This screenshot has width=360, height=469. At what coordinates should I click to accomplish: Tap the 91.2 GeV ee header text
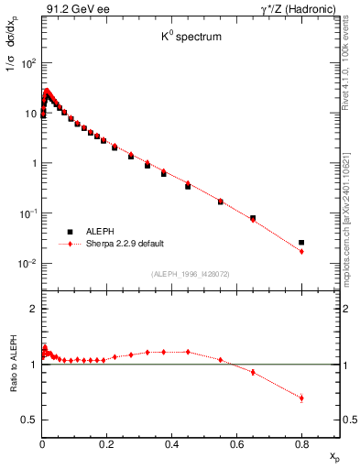pos(69,9)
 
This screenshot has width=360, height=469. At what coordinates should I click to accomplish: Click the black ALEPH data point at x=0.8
pos(301,243)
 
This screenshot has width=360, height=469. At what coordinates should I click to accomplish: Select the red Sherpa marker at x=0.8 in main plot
pos(301,251)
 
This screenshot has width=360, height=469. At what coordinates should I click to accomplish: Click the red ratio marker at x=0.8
pos(301,398)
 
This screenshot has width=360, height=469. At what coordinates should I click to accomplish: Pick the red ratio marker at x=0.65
pos(253,372)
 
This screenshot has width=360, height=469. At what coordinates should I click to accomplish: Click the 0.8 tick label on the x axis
pos(301,444)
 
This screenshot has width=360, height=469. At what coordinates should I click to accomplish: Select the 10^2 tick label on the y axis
pos(28,64)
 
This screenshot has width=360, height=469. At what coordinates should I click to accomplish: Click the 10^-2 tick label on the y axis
pos(27,264)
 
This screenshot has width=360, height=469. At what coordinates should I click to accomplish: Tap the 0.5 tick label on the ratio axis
pos(29,420)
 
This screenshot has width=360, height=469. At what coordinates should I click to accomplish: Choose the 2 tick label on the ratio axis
pos(33,309)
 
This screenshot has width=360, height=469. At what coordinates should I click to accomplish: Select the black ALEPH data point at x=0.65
pos(253,218)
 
